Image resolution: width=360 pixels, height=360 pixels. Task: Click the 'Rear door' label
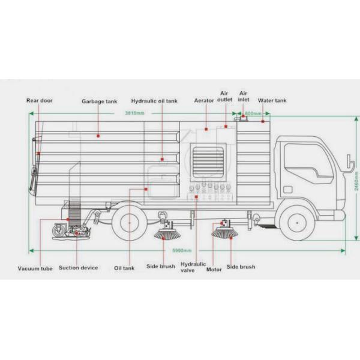39,101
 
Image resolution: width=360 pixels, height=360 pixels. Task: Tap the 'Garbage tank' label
99,101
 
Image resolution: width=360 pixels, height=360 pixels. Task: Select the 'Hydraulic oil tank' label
154,101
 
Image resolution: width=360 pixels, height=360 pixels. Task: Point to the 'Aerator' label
204,101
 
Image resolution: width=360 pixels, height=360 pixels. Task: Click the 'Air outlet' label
226,97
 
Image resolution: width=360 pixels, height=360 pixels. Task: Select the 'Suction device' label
78,268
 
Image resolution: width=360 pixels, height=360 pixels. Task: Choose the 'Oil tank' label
124,268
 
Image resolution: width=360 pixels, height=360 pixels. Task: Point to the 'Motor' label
214,269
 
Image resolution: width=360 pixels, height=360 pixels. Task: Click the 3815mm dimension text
134,113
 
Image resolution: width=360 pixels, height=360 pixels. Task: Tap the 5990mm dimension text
183,250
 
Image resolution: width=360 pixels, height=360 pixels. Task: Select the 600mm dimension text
254,113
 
